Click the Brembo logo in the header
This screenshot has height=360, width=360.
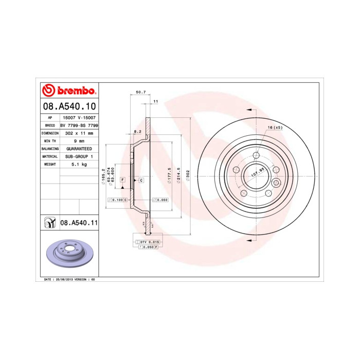(69, 91)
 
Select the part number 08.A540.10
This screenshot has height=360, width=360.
(69, 107)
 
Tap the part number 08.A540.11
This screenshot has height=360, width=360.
(79, 223)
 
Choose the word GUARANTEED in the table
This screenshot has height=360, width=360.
(79, 148)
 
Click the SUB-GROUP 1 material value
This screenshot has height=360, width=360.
(79, 156)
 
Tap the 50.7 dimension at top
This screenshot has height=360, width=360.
(140, 92)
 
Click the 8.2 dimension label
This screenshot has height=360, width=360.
(138, 132)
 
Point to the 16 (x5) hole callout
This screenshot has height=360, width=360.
(275, 128)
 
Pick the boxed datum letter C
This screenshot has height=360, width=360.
(141, 180)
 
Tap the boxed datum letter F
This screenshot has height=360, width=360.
(122, 180)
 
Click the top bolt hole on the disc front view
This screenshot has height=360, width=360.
(256, 155)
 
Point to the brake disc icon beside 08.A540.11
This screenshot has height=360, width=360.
(50, 223)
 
